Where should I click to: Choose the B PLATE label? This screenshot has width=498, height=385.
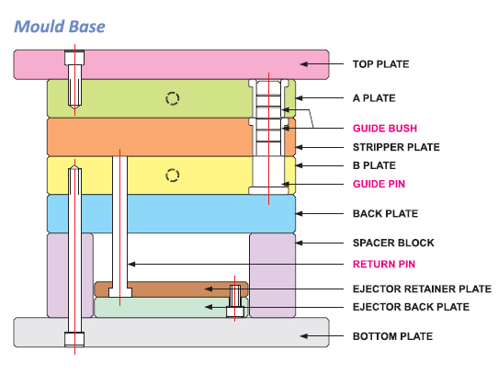point(376,166)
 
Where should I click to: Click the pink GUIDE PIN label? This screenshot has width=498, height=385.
point(379,184)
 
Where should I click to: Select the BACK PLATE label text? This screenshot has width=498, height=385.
point(384,214)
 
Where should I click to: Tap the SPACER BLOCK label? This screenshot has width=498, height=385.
point(391,243)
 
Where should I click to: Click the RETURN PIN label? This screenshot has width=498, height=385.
point(384,264)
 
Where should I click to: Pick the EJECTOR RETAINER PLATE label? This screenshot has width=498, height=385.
point(422,289)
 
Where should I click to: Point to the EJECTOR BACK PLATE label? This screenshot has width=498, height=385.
point(412,307)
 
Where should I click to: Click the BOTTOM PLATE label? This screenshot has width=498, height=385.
point(392,337)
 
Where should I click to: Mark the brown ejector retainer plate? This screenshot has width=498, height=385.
point(165,289)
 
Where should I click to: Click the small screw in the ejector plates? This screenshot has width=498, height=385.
point(235,300)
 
